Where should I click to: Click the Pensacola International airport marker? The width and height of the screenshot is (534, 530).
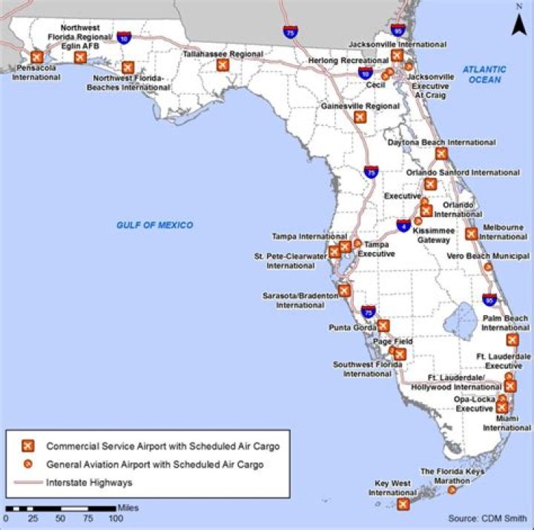tap(36, 57)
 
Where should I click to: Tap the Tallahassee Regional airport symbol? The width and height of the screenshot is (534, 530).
tap(222, 65)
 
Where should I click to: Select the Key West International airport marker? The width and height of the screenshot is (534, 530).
tap(403, 504)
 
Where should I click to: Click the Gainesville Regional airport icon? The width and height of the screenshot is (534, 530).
tap(360, 116)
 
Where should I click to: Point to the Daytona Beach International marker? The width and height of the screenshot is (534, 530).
tap(441, 153)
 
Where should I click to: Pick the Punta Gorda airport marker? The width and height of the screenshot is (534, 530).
tap(383, 325)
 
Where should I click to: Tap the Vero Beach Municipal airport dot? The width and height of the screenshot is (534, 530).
tap(487, 267)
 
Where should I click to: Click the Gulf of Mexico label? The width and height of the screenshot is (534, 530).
tap(154, 225)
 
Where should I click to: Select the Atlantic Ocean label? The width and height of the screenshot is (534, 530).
tap(484, 74)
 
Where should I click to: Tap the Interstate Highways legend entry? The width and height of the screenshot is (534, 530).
tap(89, 483)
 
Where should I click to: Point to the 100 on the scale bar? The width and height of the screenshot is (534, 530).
tap(116, 518)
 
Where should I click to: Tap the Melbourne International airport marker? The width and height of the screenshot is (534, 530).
tap(471, 233)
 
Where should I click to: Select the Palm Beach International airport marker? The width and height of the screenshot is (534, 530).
tap(512, 339)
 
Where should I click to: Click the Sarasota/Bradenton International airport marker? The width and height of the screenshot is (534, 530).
tap(344, 291)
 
